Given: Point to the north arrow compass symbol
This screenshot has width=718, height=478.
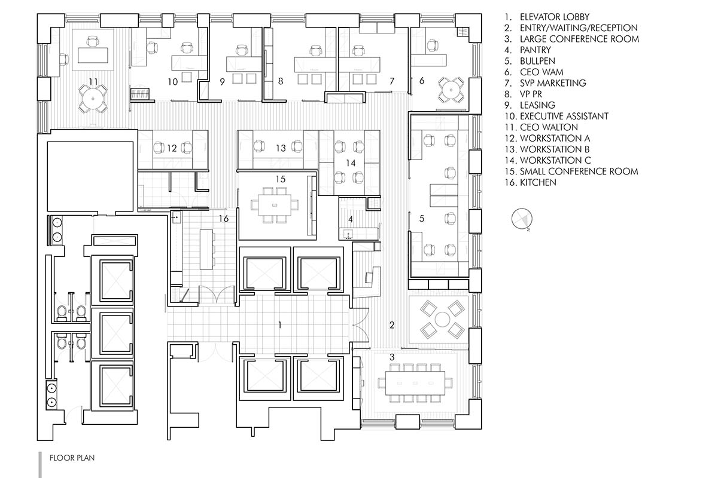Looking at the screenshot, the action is (522, 219).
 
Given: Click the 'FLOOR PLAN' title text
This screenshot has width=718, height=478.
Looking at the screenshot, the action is (72, 458).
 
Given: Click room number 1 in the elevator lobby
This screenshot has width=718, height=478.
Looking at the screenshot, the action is (280, 325).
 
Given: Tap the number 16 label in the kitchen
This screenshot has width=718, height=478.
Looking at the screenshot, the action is (224, 219).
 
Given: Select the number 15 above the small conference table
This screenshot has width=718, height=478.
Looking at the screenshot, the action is (281, 179).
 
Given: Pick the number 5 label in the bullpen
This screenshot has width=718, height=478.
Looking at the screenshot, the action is (422, 219).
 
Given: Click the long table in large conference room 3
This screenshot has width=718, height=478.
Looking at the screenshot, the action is (415, 383).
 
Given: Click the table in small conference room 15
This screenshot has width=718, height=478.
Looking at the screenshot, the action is (275, 205).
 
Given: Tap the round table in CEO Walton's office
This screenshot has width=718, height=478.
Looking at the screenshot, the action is (93, 99).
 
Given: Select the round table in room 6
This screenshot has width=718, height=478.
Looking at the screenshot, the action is (451, 90).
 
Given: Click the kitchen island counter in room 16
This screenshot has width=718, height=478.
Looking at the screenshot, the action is (206, 249).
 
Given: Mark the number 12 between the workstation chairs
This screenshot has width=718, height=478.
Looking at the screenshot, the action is (172, 148).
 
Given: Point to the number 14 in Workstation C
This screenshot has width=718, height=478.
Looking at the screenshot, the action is (351, 163).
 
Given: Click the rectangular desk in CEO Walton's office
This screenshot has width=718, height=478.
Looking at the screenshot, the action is (93, 56).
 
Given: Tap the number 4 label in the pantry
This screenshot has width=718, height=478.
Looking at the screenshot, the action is (351, 219).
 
